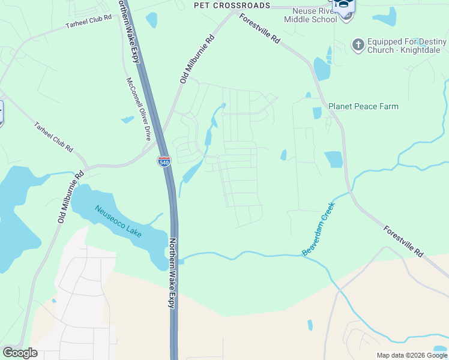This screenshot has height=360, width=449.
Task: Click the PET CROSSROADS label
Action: point(232,5)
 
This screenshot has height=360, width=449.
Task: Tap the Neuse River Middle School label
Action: point(314,15)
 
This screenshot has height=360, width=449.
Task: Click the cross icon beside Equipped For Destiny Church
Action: point(358,44)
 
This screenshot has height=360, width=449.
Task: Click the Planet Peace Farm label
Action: point(363,106)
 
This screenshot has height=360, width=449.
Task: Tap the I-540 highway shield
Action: point(163,161)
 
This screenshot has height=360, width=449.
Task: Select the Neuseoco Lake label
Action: point(118,221)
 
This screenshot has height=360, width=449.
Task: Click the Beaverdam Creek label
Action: point(318,229)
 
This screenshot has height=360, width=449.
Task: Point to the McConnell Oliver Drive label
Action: point(138,109)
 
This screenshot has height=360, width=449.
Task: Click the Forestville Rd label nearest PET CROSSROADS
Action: point(260,28)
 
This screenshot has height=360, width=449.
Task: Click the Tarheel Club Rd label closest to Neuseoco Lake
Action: point(53,137)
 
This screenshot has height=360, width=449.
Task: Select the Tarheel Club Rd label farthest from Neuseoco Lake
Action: point(89,22)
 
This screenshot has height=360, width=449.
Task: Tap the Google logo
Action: point(20,353)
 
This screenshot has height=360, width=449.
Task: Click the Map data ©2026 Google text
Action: point(411,355)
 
